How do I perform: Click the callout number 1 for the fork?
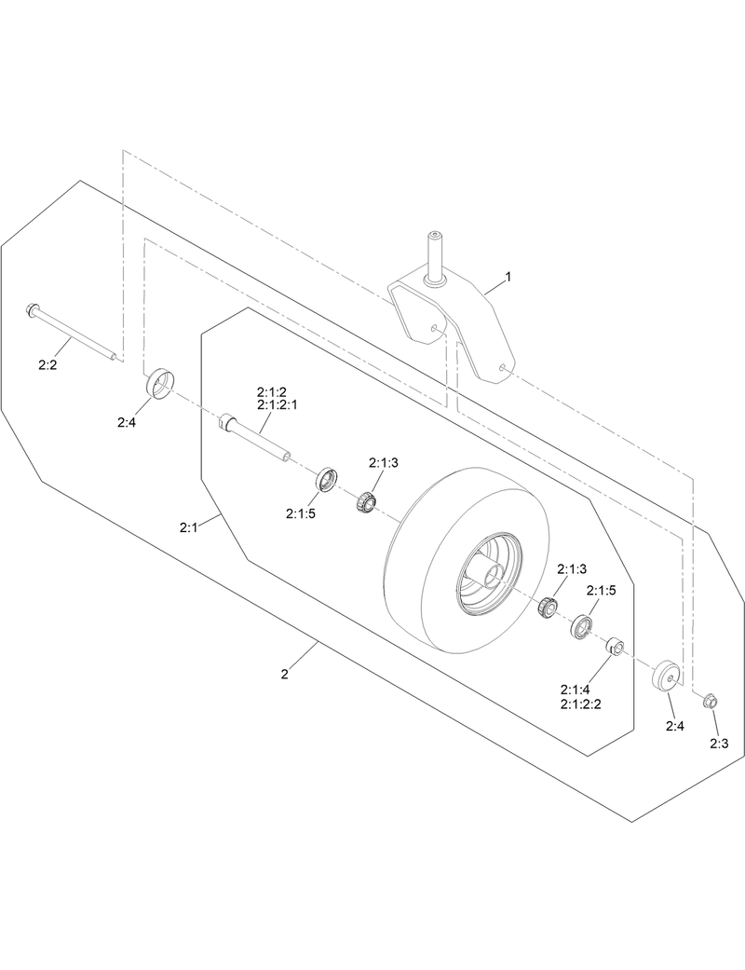[x=508, y=278]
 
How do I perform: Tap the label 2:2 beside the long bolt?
[x=48, y=365]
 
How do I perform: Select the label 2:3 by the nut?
[x=718, y=743]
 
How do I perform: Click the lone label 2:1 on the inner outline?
[x=189, y=527]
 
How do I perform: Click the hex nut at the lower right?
[x=707, y=699]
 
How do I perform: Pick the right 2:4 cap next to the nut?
[x=667, y=676]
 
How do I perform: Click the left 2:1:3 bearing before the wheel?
[x=366, y=502]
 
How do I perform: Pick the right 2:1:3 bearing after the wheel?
[x=548, y=608]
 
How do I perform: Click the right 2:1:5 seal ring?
[x=584, y=626]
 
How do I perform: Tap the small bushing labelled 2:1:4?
[x=614, y=646]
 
